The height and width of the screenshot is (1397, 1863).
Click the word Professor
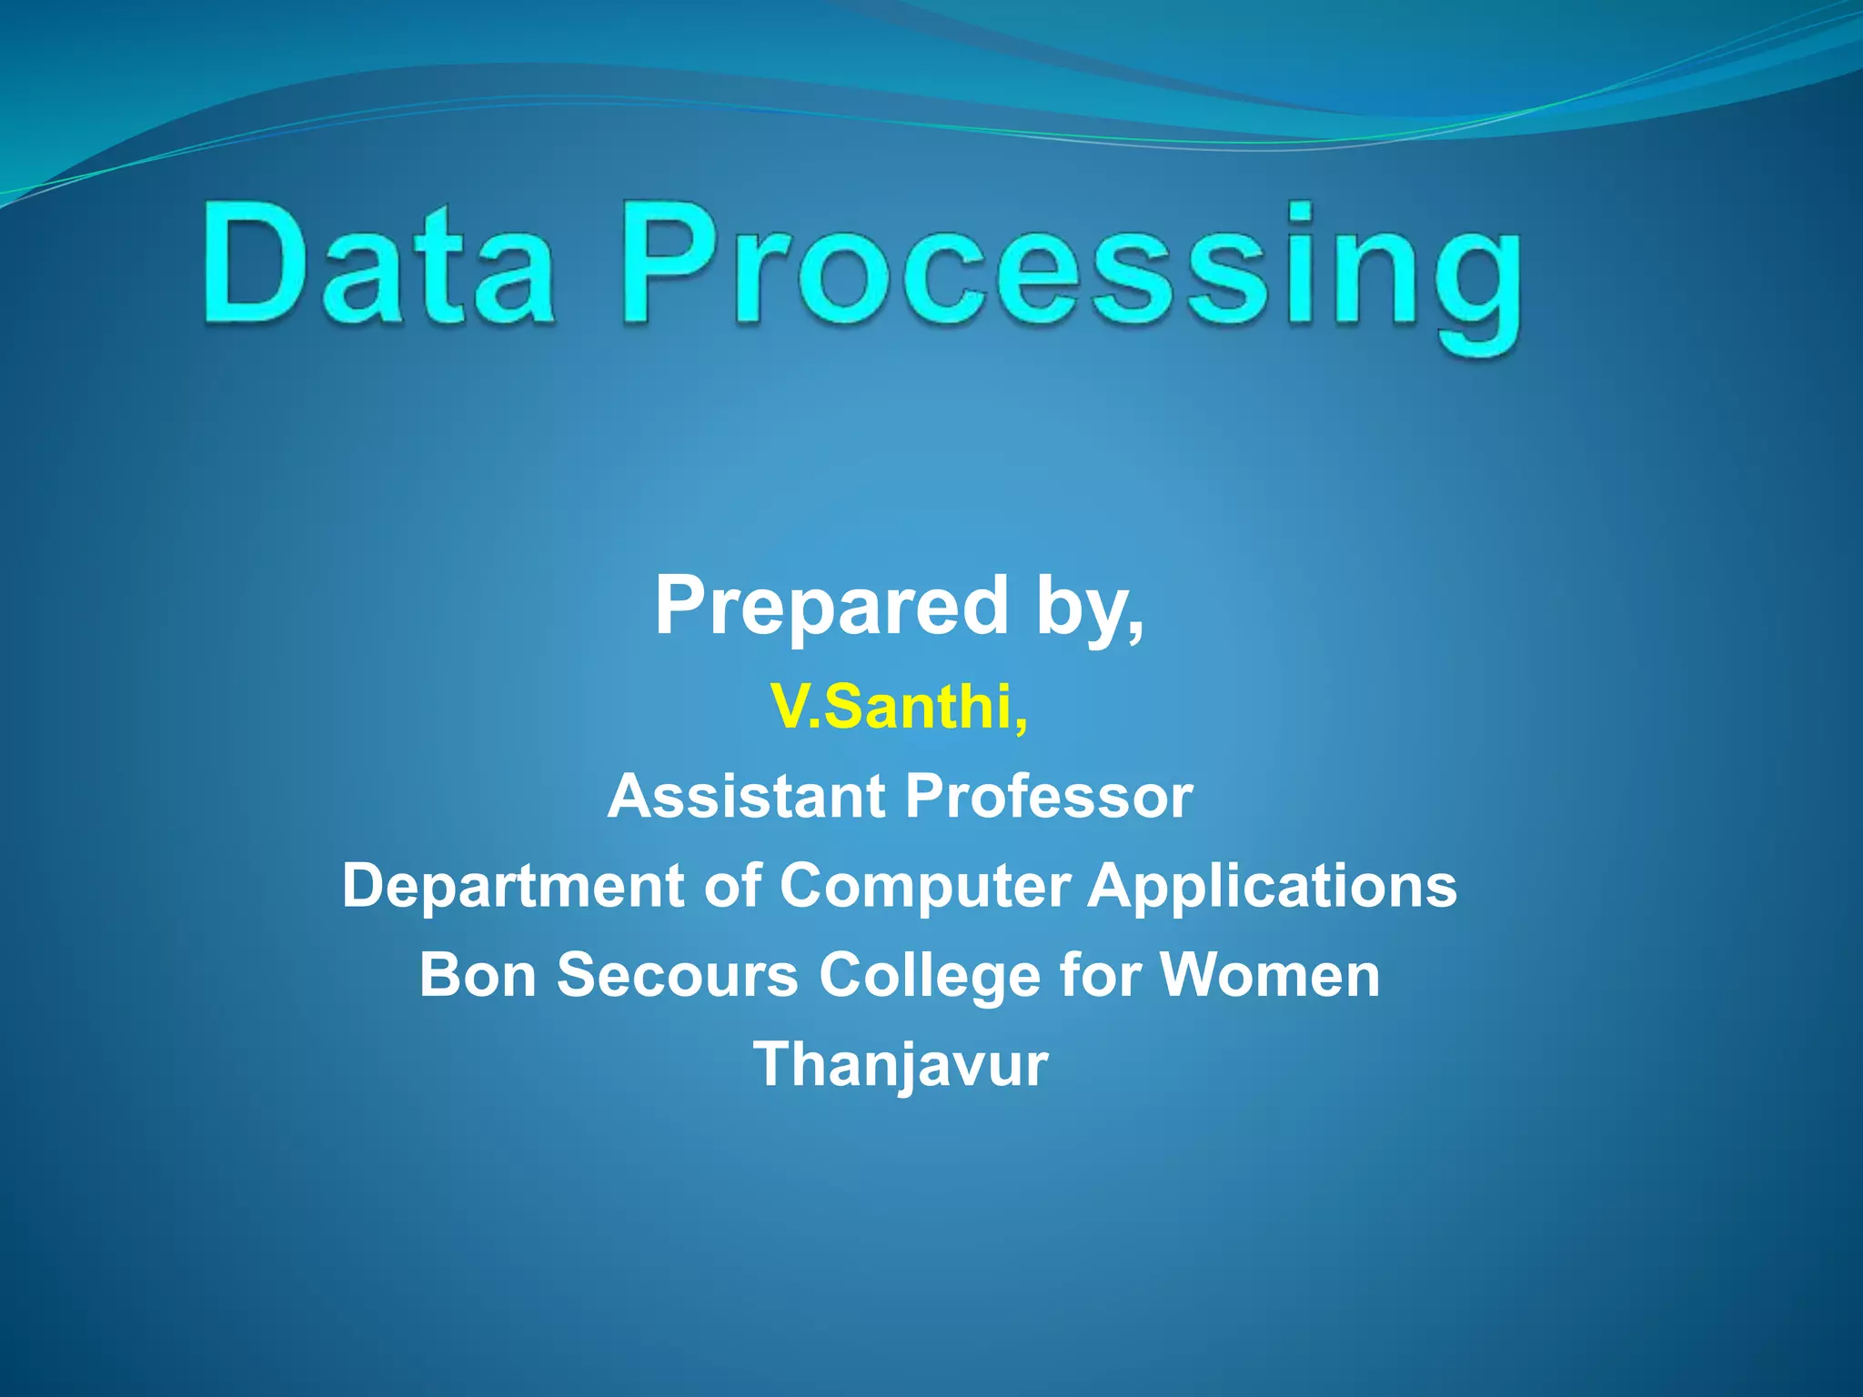pyautogui.click(x=1049, y=797)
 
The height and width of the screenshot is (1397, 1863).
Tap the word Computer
pyautogui.click(x=925, y=887)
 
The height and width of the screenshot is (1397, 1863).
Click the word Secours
pyautogui.click(x=678, y=975)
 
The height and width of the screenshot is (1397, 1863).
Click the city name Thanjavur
pyautogui.click(x=901, y=1065)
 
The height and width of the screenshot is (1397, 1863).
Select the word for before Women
pyautogui.click(x=1100, y=975)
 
